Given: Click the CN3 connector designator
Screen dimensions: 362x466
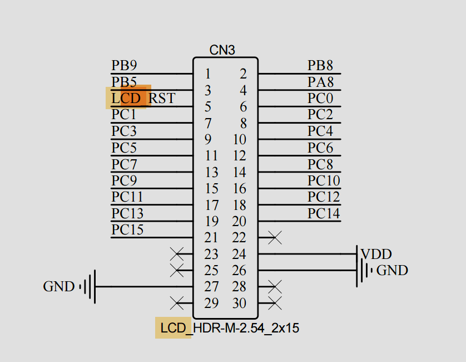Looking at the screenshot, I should pyautogui.click(x=222, y=50).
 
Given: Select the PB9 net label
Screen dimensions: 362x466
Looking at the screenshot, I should pyautogui.click(x=123, y=65).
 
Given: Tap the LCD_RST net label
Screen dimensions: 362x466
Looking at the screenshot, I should pyautogui.click(x=143, y=98).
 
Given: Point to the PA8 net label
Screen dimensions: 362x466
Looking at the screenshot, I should pyautogui.click(x=321, y=82).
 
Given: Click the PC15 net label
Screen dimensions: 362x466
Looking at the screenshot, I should pyautogui.click(x=127, y=229).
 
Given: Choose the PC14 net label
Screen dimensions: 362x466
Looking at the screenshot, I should pyautogui.click(x=324, y=213).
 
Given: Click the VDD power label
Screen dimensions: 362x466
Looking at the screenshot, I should pyautogui.click(x=376, y=254).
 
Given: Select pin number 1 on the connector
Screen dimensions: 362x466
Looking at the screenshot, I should pyautogui.click(x=207, y=74).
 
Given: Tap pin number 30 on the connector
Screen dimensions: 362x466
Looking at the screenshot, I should pyautogui.click(x=239, y=304).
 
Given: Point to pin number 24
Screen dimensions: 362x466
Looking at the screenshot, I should pyautogui.click(x=239, y=254).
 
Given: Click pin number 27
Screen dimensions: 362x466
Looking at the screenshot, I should pyautogui.click(x=211, y=287).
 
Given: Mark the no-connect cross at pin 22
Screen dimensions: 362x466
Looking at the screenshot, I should pyautogui.click(x=274, y=238).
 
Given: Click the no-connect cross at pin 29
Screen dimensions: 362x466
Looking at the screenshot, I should pyautogui.click(x=177, y=304).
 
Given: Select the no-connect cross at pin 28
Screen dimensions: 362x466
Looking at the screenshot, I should pyautogui.click(x=274, y=287).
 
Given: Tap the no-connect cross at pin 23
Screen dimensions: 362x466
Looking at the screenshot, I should pyautogui.click(x=177, y=255).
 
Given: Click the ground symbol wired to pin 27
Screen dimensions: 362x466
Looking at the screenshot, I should pyautogui.click(x=89, y=287).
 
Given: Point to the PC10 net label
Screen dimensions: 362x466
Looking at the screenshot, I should pyautogui.click(x=324, y=180).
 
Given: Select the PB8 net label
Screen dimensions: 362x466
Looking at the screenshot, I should pyautogui.click(x=320, y=65).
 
